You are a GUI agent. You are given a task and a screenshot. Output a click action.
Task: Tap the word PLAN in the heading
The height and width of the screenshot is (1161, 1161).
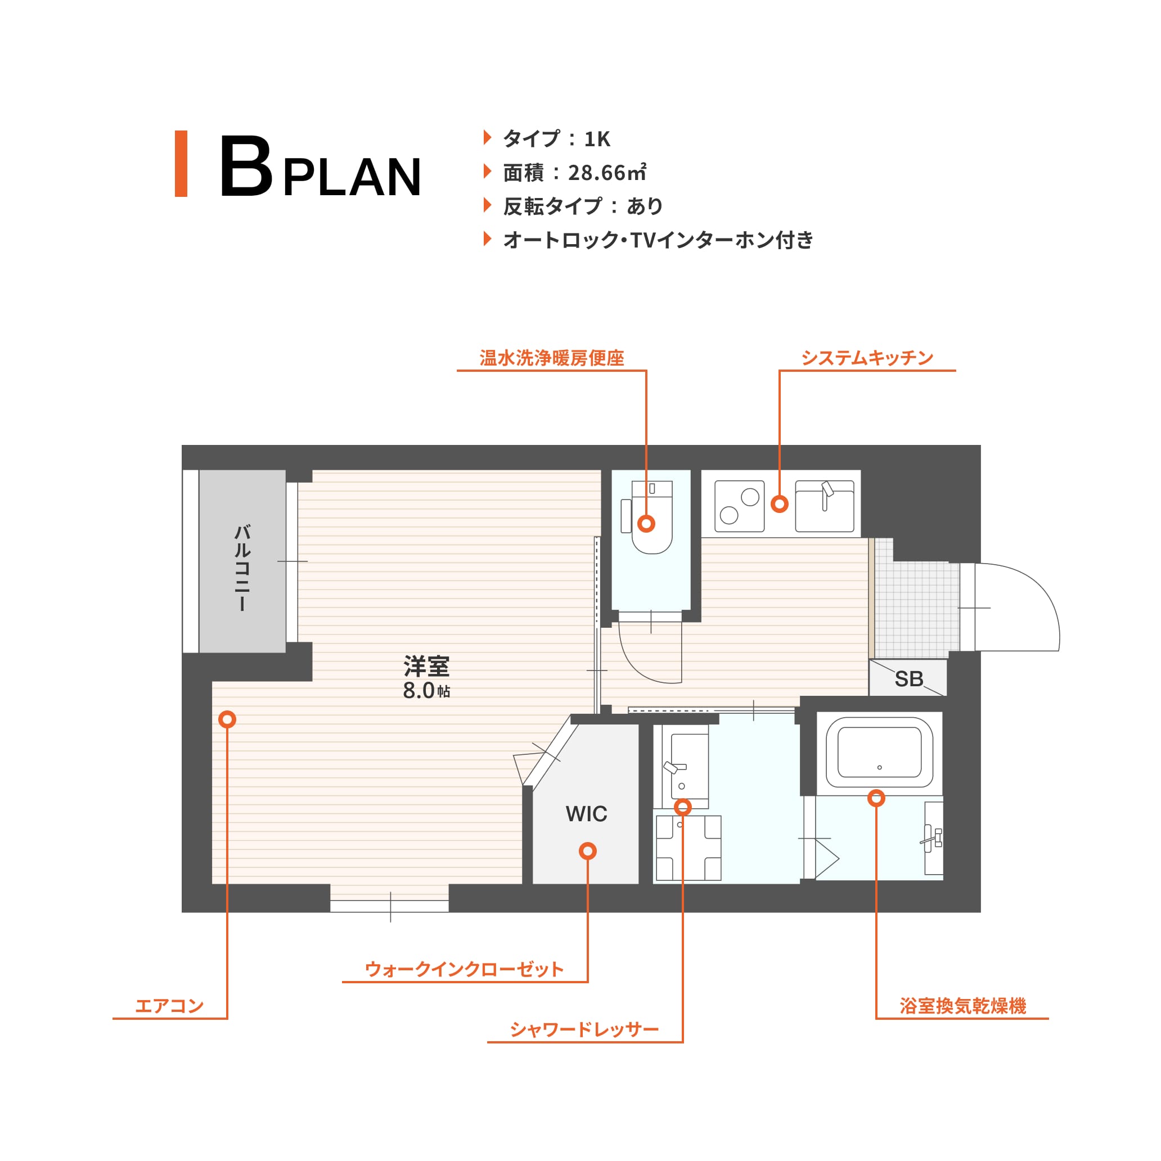352,177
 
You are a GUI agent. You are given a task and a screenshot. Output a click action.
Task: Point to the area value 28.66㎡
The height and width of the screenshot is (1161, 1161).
607,173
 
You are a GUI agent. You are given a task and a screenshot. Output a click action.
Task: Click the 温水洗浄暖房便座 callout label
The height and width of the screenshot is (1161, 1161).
552,358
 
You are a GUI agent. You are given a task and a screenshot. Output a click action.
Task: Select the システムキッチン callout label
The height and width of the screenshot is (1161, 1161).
867,358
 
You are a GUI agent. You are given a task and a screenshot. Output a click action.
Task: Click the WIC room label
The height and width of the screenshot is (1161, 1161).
587,814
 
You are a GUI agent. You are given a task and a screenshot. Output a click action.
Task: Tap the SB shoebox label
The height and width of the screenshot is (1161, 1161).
908,679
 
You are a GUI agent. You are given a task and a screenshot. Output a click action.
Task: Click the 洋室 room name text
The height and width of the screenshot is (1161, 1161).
427,667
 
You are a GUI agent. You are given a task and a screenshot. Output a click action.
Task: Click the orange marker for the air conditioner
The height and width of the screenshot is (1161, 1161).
227,719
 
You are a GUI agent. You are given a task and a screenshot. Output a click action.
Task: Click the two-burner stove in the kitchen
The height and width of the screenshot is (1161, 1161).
739,506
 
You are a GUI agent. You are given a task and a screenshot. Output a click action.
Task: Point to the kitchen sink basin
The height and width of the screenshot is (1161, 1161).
825,506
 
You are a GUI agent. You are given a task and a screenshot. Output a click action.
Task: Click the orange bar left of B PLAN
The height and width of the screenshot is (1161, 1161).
181,164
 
